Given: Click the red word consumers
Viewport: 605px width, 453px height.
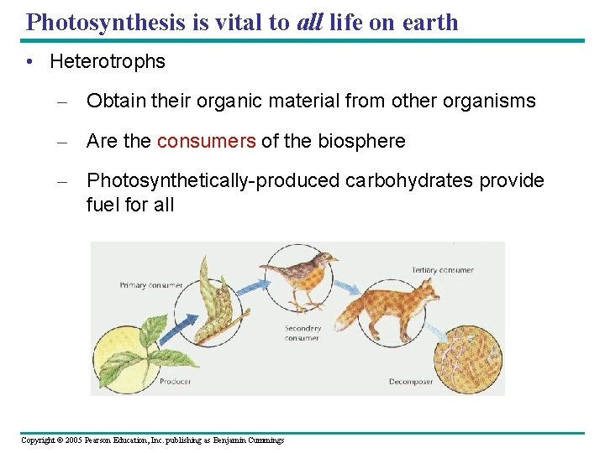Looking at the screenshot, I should click(206, 141).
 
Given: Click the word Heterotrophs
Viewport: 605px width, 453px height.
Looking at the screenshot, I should click(108, 61).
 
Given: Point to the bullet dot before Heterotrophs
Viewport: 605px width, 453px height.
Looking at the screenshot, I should click(30, 62).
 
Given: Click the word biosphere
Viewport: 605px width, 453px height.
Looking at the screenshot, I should click(361, 141).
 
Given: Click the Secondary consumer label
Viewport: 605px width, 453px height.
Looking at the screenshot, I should click(303, 333).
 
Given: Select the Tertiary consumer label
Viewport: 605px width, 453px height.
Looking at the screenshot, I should click(443, 270).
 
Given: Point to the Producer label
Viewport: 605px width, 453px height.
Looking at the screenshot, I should click(175, 382).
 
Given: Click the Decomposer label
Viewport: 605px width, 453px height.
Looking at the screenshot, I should click(411, 382).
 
